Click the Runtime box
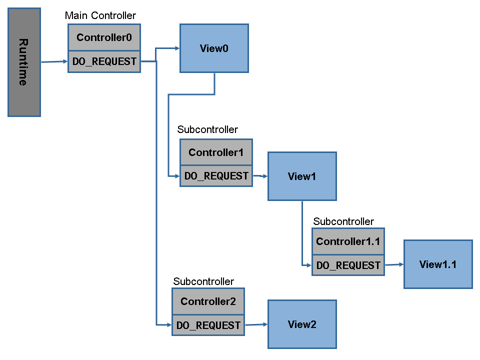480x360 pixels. tap(24, 62)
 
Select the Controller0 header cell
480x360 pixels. tap(104, 37)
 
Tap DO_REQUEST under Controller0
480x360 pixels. tap(104, 61)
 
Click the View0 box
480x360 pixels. tap(214, 48)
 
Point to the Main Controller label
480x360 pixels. tap(100, 15)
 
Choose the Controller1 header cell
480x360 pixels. tap(216, 152)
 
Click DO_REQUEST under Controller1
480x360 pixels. tap(216, 176)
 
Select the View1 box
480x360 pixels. tap(302, 176)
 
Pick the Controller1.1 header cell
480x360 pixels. tap(348, 241)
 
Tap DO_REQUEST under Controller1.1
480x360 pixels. tap(348, 265)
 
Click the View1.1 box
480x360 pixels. tap(438, 264)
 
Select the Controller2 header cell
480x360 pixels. tap(208, 301)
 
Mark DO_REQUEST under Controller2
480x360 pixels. tap(208, 325)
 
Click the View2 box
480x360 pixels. tap(302, 324)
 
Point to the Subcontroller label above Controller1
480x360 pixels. tap(207, 129)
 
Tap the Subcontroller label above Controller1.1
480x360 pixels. tap(343, 221)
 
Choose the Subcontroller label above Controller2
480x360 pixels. tap(203, 281)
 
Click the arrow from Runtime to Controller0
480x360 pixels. tap(54, 62)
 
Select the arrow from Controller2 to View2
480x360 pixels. tap(256, 325)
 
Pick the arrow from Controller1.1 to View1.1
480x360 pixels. tap(394, 265)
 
